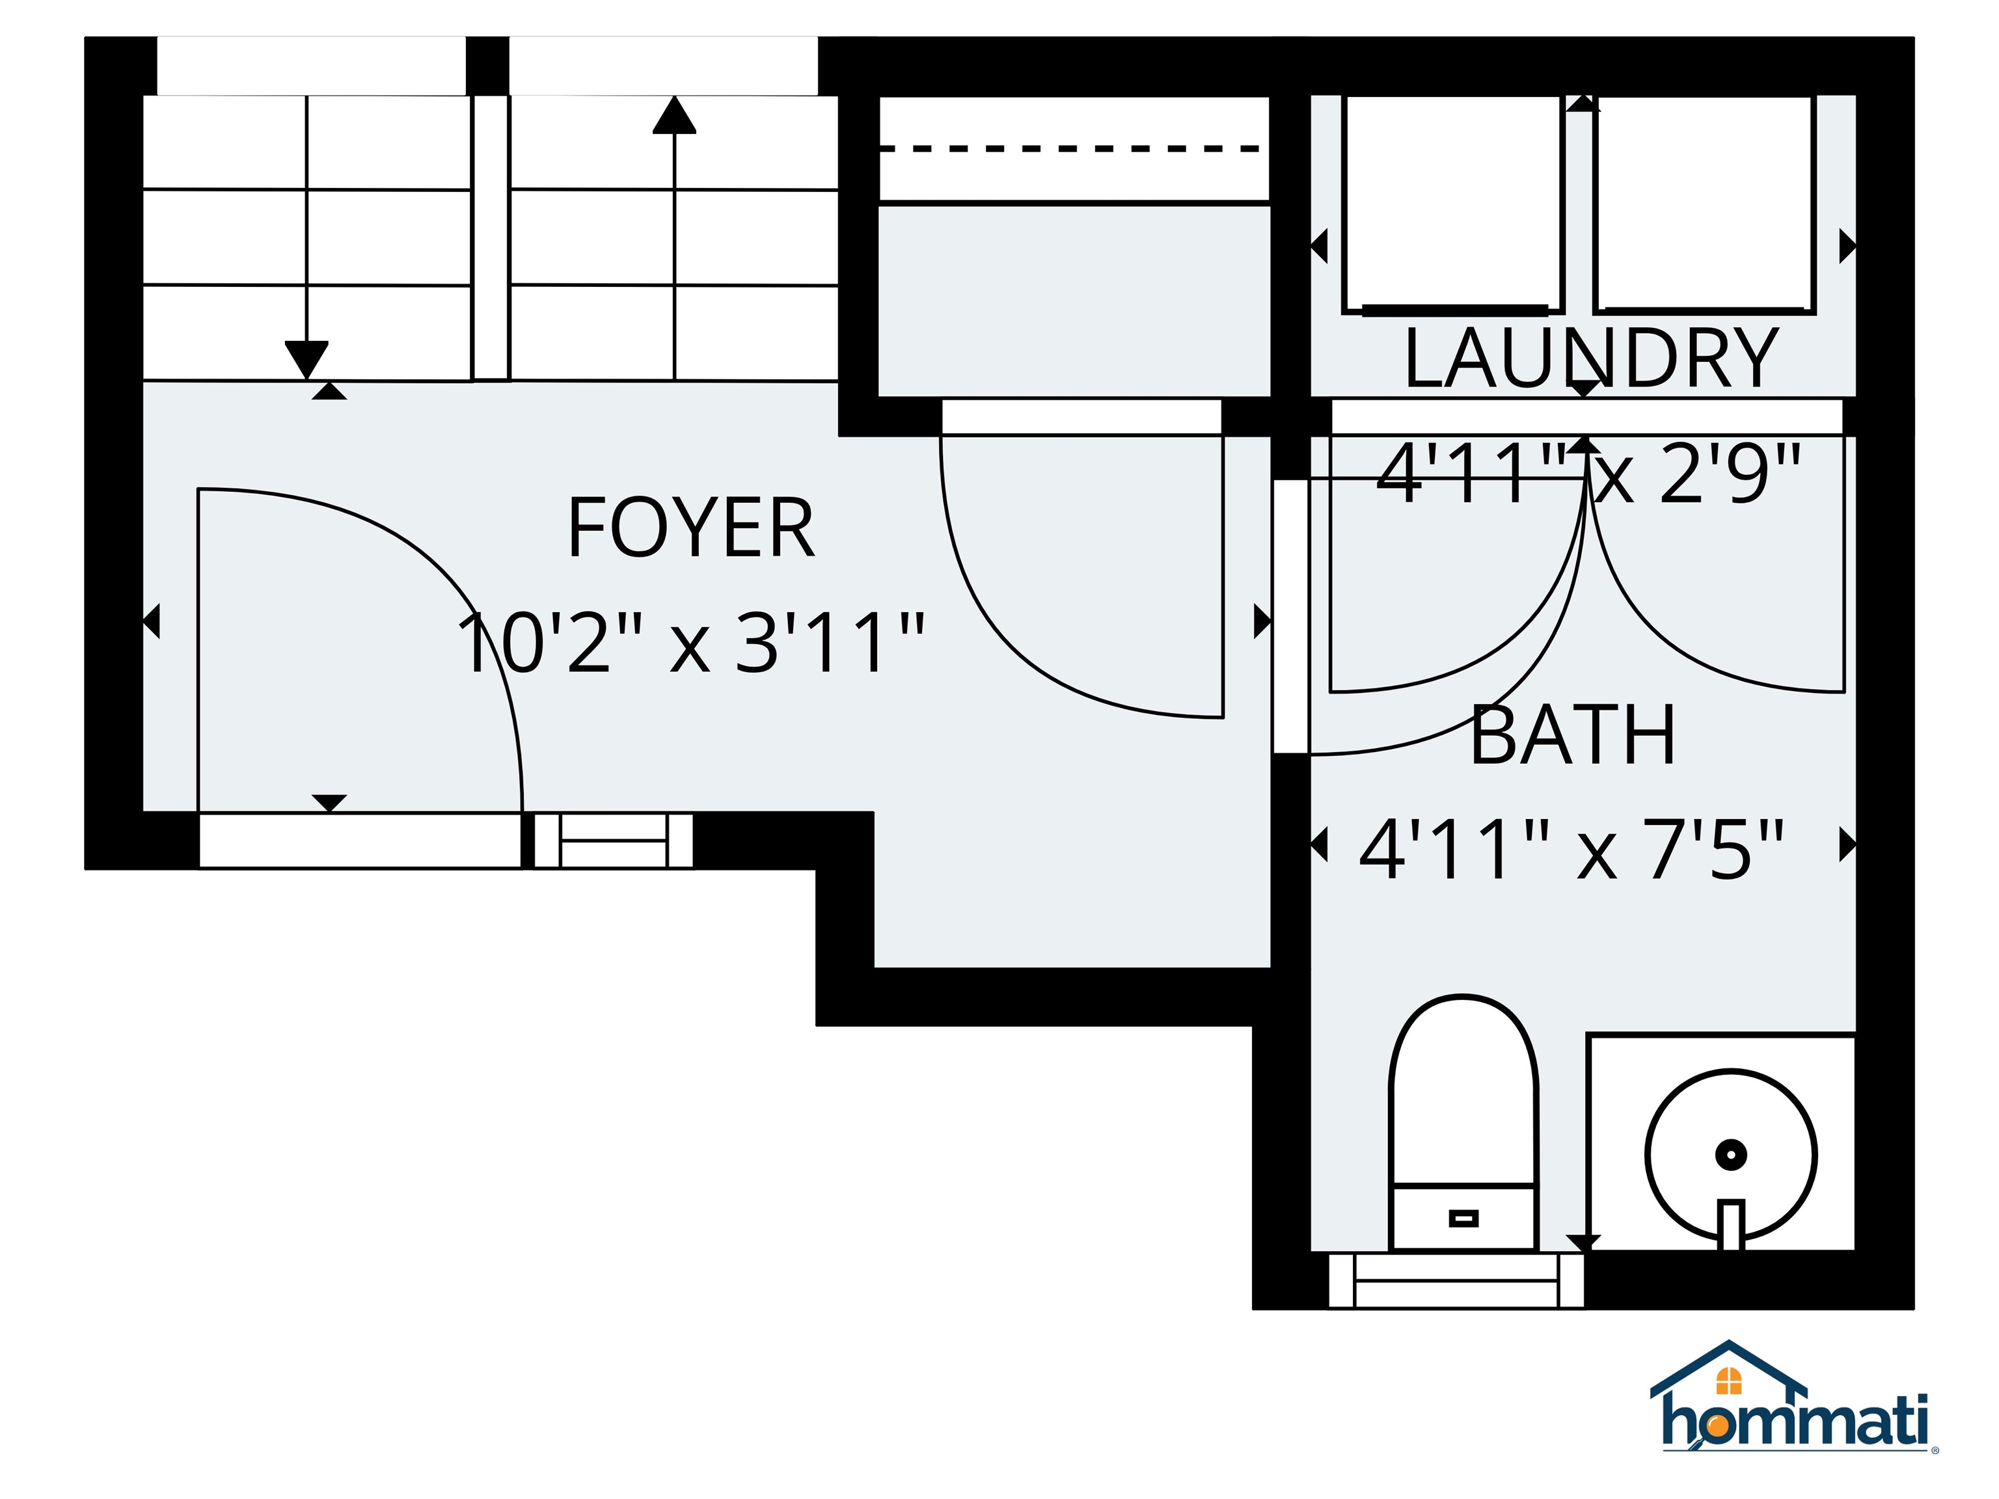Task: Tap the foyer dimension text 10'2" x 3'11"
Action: tap(690, 643)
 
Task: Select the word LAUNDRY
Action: tap(1590, 360)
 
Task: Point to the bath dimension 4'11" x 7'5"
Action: tap(1572, 849)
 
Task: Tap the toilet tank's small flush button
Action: tap(1463, 1219)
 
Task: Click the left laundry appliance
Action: tap(1453, 203)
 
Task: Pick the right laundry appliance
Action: tap(1704, 203)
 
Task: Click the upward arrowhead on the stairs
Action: tap(674, 116)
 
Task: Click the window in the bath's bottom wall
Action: tap(1456, 1280)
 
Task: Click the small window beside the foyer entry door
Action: tap(614, 841)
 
